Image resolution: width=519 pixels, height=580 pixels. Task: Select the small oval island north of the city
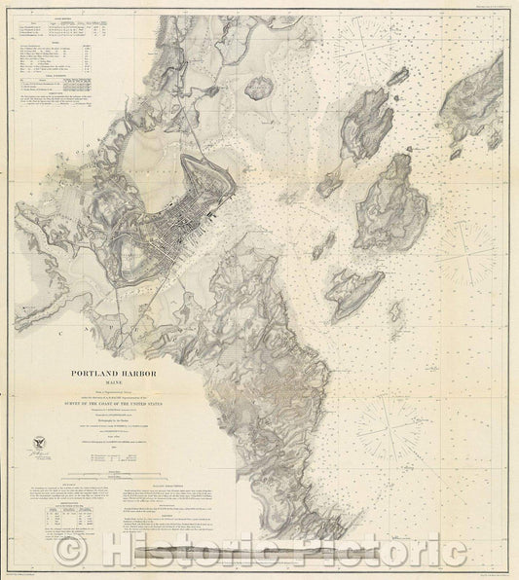click(256, 90)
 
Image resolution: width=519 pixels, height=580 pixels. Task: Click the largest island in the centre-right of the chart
click(388, 199)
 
